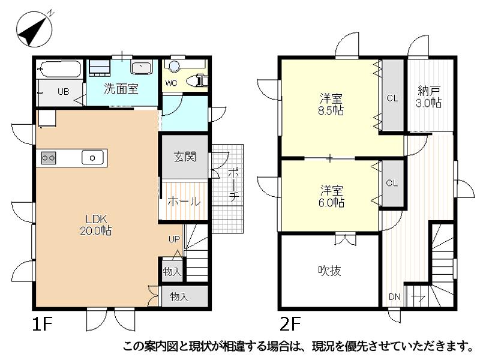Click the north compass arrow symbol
point(34,29)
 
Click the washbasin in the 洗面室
point(141,67)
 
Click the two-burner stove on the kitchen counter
point(49,158)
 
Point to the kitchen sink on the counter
point(92,158)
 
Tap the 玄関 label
point(185,157)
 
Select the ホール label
point(184,202)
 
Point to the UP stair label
point(174,239)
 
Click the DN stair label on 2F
point(395,296)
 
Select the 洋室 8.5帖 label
point(331,104)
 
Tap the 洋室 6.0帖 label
point(331,197)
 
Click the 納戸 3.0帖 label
point(428,97)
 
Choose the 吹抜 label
point(329,271)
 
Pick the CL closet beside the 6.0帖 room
point(392,184)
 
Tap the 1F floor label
point(43,324)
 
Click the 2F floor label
point(290,324)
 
